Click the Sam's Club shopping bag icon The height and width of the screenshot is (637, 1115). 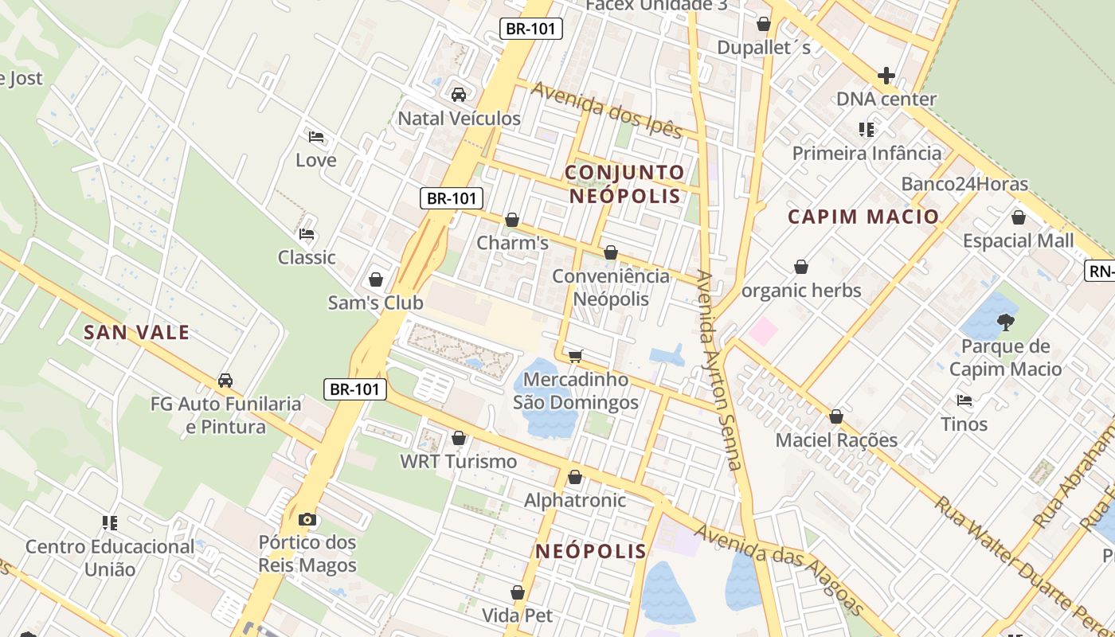[x=376, y=279]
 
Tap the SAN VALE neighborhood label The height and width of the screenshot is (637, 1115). [x=137, y=333]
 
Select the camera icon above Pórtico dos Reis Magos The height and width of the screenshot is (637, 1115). [x=307, y=520]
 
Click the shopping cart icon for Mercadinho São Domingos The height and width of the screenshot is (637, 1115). [x=576, y=355]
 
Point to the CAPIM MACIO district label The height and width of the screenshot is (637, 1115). [x=863, y=217]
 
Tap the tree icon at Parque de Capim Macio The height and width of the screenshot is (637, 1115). [x=1005, y=322]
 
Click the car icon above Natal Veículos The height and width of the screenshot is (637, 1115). [x=459, y=95]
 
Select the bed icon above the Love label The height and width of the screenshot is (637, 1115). [x=316, y=137]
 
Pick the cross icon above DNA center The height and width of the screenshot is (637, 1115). [x=886, y=76]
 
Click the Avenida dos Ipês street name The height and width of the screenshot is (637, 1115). [x=608, y=110]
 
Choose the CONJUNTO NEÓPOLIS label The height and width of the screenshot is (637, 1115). [x=625, y=184]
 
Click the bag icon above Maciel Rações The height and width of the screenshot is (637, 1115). [x=836, y=416]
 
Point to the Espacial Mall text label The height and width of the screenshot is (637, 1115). [x=1018, y=240]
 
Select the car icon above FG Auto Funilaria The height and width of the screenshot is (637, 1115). [x=225, y=381]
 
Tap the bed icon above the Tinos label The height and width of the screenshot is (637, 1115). [x=964, y=401]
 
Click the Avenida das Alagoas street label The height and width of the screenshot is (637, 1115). [x=778, y=569]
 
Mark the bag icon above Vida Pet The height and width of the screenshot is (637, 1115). [x=518, y=592]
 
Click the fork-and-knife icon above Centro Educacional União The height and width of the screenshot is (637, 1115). [x=110, y=523]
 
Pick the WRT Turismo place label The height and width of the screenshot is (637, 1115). [x=458, y=461]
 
